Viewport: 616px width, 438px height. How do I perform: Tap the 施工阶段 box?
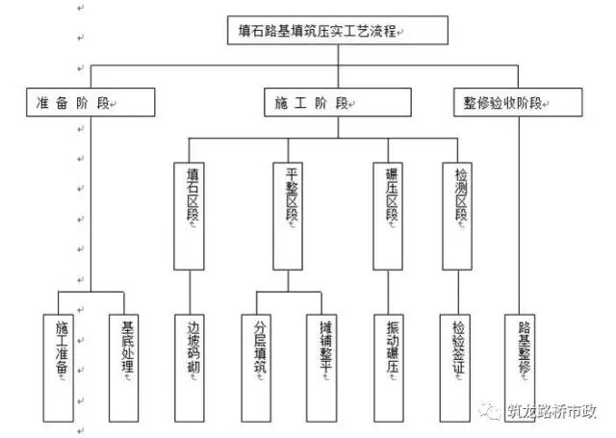point(338,101)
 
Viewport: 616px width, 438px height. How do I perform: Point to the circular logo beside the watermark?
point(498,411)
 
